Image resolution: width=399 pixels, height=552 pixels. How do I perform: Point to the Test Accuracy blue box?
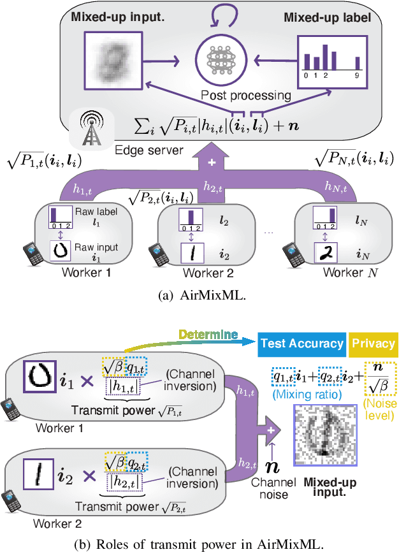tap(301, 344)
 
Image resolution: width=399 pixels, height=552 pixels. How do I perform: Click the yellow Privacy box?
tap(374, 344)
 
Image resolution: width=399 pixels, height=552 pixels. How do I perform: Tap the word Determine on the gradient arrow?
tap(208, 334)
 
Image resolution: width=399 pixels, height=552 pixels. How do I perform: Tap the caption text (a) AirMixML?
tap(199, 295)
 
